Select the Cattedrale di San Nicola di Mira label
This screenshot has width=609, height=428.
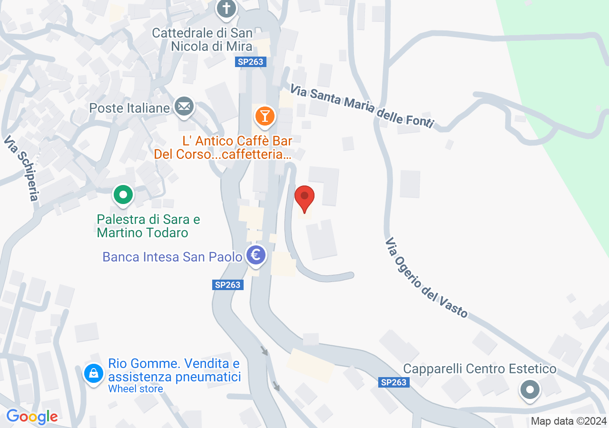point(202,40)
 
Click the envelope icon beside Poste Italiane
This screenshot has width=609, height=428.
point(184,107)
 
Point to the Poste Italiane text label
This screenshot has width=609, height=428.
point(129,108)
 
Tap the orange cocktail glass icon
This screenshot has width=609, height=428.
point(265,116)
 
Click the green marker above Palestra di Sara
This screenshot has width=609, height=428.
point(123,195)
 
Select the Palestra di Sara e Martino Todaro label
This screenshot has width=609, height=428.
point(148,226)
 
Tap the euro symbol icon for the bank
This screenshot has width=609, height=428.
point(256,255)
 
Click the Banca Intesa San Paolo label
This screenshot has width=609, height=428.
point(172,257)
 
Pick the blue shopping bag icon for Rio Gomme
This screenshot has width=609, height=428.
point(94,373)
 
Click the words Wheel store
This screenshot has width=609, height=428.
point(136,389)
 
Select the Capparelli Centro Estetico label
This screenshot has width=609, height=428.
point(480,369)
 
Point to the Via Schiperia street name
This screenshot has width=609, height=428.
point(21,168)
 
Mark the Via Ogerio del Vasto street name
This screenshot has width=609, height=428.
point(426,277)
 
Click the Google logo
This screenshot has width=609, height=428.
point(32,417)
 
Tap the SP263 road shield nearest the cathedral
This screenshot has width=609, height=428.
point(250,62)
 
